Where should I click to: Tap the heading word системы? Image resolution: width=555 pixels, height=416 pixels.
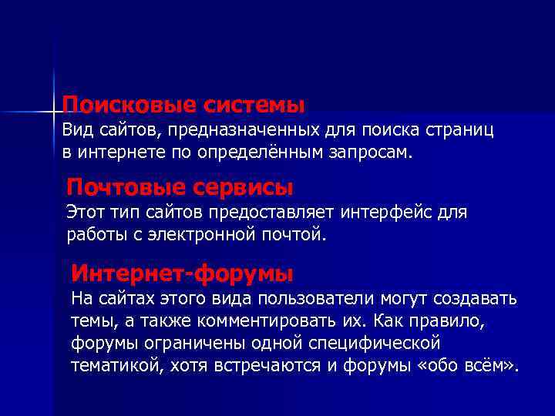[251, 103]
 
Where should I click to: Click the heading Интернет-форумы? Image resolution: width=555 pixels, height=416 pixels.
[182, 273]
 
